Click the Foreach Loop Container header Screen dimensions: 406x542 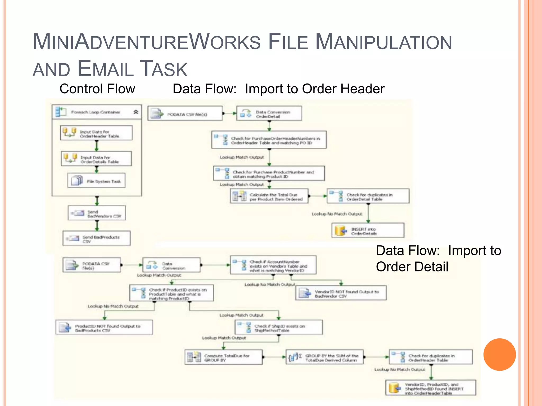point(96,112)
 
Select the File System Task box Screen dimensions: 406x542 point(96,181)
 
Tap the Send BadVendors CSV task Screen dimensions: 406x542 point(97,213)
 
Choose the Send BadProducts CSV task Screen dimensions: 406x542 point(97,238)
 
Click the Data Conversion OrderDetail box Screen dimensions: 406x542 point(269,114)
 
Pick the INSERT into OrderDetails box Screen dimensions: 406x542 point(368,230)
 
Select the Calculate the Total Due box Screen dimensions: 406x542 point(269,196)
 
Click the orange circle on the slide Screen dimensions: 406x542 point(499,354)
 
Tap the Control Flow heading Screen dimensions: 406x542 point(97,89)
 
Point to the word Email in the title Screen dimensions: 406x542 point(106,69)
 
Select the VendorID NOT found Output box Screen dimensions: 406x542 point(341,293)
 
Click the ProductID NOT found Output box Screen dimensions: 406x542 point(104,327)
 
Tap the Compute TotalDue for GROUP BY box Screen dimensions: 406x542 point(224,357)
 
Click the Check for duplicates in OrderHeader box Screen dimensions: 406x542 point(431,357)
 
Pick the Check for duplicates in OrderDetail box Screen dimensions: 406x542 point(368,196)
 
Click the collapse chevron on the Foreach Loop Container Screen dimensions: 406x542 point(136,112)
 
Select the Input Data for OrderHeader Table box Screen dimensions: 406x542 point(96,133)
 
